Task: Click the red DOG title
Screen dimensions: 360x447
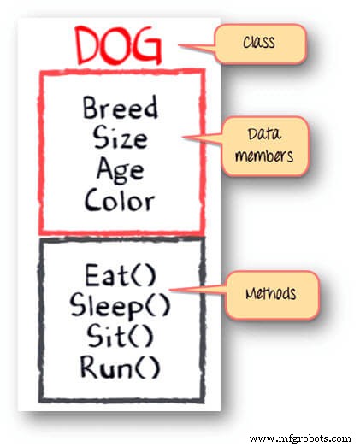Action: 118,45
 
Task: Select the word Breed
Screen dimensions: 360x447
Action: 120,107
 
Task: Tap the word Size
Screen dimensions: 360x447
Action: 121,138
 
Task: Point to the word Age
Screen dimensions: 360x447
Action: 120,170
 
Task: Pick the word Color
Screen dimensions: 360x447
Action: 120,199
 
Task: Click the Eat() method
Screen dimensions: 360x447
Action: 121,275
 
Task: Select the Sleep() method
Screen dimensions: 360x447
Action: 120,306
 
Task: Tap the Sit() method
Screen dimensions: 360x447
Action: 120,337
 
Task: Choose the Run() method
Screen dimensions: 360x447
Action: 120,367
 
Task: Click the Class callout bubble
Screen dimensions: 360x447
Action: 260,44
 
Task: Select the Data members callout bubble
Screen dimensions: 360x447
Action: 265,146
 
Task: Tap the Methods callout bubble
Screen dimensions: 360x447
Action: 272,296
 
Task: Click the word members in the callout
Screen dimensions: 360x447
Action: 264,156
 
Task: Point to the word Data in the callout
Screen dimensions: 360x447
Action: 264,134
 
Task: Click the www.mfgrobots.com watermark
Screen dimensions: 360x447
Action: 300,438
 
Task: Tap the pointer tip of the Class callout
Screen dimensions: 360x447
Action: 179,44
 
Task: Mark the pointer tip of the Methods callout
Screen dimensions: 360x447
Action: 169,290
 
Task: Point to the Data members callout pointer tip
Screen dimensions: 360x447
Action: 183,137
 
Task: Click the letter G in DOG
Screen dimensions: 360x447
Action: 147,46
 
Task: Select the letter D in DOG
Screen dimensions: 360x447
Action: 87,45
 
